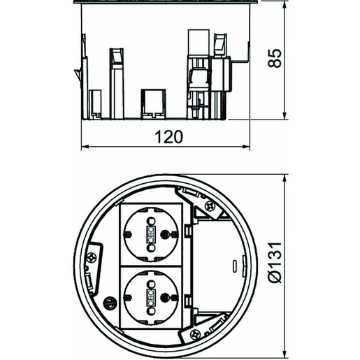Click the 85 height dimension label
275,58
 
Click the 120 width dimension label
169,137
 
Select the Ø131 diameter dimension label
275,262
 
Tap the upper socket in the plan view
151,234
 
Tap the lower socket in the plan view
151,298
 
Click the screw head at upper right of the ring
209,206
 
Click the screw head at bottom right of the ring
195,335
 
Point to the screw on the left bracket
91,258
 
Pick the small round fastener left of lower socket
110,303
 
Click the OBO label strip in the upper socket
151,234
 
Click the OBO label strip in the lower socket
151,298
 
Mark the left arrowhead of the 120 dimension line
85,147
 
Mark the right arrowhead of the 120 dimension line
246,147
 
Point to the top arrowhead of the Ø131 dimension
284,178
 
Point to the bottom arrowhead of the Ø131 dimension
284,354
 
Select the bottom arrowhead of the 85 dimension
284,115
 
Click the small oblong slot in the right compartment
235,266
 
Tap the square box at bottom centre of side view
153,104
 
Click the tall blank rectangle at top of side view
199,43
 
